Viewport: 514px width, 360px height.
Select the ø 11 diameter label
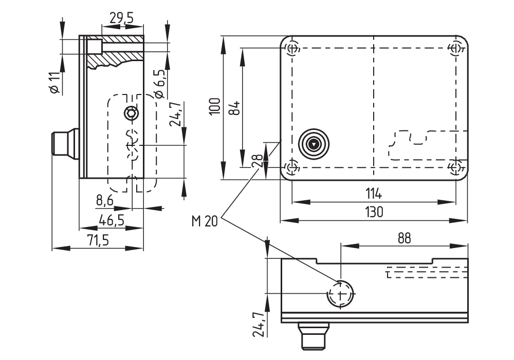click(55, 83)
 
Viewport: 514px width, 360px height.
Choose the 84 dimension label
click(234, 107)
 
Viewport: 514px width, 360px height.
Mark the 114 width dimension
click(374, 194)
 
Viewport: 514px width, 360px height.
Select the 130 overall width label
click(374, 212)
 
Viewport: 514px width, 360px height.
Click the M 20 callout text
click(205, 221)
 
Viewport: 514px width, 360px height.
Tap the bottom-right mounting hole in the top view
click(455, 167)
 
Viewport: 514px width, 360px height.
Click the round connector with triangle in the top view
click(313, 145)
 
